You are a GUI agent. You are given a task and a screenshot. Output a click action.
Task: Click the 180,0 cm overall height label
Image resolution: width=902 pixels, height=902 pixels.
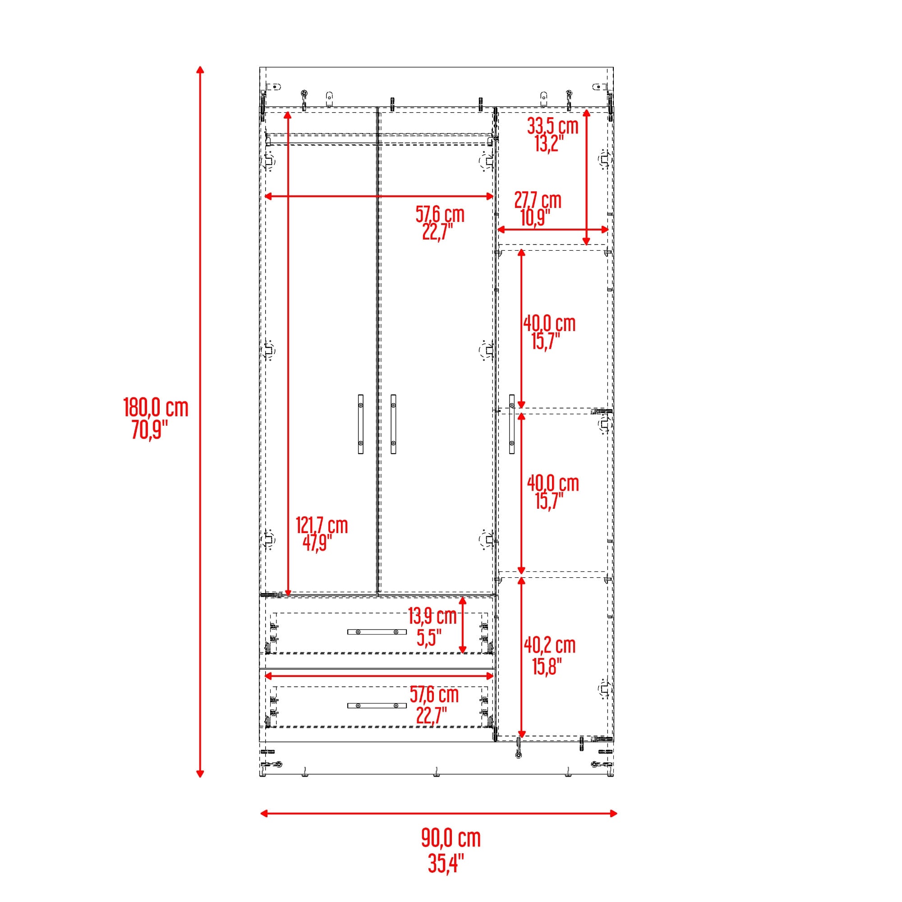156,408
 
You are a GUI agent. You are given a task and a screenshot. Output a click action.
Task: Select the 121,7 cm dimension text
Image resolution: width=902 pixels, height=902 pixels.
322,525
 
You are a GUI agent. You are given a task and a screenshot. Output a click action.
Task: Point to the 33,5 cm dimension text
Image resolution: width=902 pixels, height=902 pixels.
552,126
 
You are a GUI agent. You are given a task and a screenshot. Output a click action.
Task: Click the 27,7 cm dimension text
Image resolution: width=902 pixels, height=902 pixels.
538,200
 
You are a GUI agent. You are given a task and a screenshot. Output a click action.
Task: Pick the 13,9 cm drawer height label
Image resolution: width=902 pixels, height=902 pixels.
432,616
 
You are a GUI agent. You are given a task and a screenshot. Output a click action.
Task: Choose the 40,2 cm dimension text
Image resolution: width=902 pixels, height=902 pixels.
549,645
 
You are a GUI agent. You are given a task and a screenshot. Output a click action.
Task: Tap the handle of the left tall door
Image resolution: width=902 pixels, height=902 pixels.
360,424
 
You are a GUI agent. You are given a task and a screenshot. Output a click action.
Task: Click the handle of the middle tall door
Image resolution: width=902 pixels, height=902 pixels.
394,424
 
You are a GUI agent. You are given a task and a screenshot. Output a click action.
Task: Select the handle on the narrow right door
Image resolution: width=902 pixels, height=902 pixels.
512,424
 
